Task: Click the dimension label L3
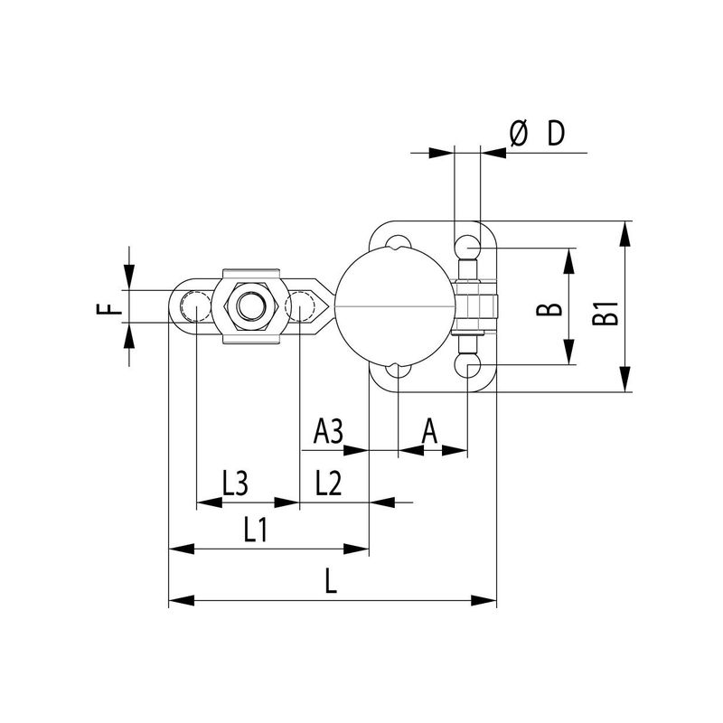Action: pos(235,483)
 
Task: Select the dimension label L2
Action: pos(328,483)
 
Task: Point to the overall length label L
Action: pos(331,580)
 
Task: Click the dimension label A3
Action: pos(328,432)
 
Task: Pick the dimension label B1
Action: pos(606,313)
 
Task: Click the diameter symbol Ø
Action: pos(518,133)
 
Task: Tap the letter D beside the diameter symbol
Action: pos(556,133)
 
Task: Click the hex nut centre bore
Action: pos(251,305)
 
